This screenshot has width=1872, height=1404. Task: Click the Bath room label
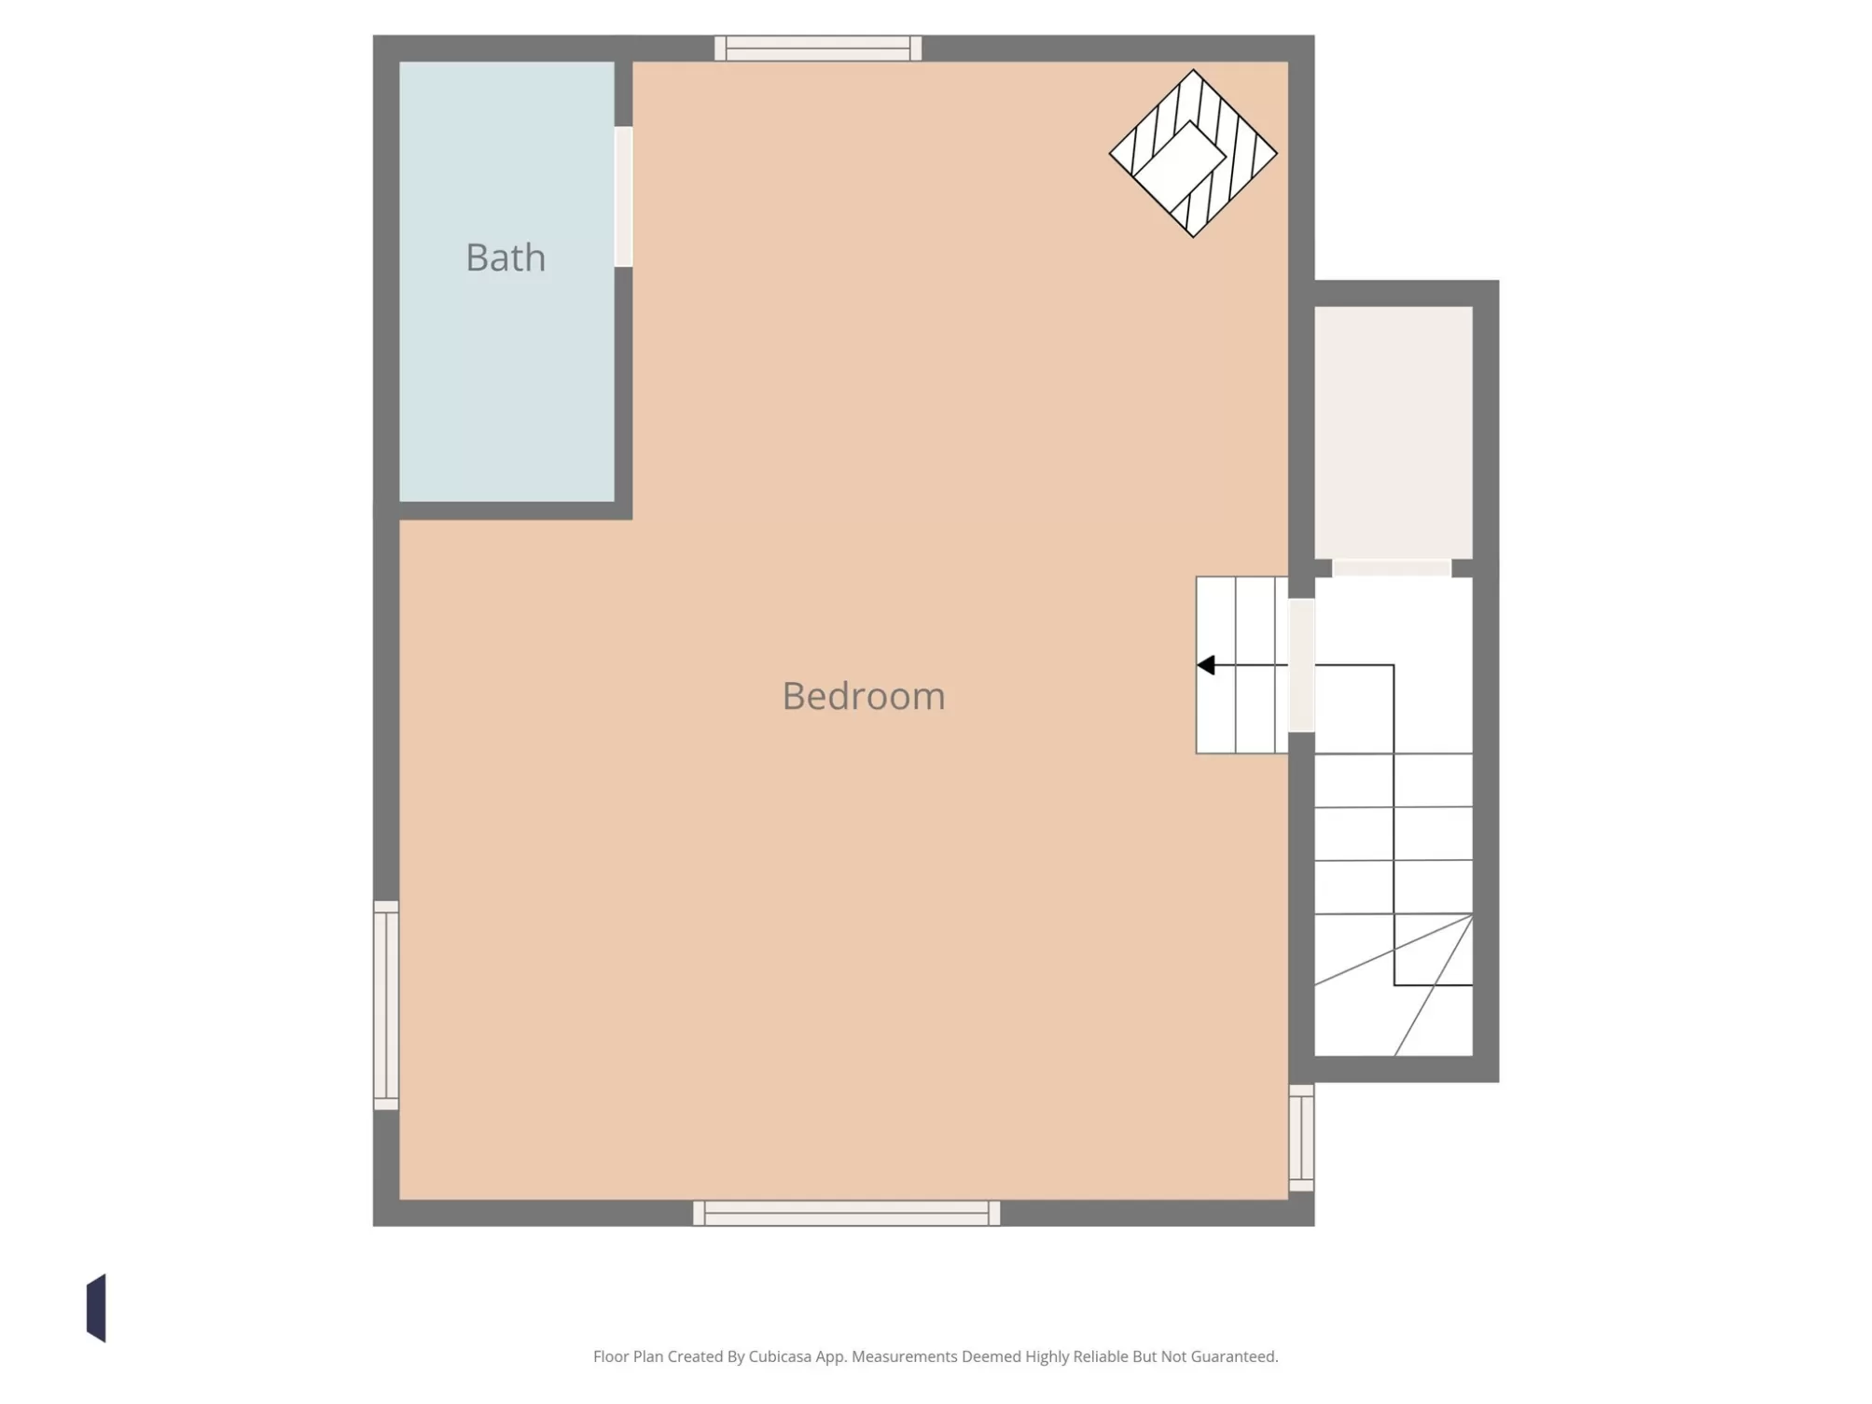tap(506, 257)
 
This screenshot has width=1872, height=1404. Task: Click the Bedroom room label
tap(864, 696)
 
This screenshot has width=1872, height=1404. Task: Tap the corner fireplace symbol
tap(1193, 153)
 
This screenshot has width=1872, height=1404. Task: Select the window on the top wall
tap(818, 49)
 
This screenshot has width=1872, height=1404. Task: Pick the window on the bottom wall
tap(847, 1213)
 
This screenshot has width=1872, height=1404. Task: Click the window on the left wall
tap(386, 1006)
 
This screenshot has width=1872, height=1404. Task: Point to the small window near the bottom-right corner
tap(1301, 1138)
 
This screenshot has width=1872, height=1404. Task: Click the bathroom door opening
tap(623, 197)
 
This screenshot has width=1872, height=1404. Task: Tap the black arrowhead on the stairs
tap(1205, 665)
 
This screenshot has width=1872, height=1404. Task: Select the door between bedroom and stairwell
tap(1301, 665)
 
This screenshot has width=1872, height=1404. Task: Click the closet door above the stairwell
tap(1392, 568)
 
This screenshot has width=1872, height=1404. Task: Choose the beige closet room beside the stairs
tap(1394, 433)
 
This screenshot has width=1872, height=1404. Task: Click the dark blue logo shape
tap(96, 1308)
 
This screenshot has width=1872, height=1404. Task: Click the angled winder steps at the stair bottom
tap(1394, 985)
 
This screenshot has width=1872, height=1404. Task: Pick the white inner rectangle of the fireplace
tap(1179, 166)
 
